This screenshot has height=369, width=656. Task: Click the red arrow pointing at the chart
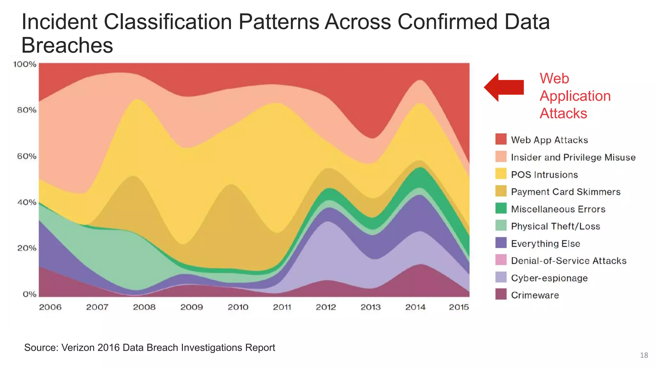click(x=504, y=87)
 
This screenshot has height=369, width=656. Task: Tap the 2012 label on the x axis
click(x=326, y=307)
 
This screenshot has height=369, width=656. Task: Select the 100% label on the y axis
click(x=25, y=64)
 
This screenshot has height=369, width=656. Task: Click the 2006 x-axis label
click(x=50, y=307)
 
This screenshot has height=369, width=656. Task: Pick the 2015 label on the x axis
click(x=459, y=307)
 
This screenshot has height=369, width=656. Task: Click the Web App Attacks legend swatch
click(x=501, y=139)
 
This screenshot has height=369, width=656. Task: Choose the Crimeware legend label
click(x=535, y=295)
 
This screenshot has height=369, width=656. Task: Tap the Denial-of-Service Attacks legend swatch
click(x=501, y=260)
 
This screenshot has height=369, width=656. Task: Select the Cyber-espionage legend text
click(x=549, y=278)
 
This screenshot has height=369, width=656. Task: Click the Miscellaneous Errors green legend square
click(x=501, y=209)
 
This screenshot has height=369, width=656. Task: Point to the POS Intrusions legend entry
click(x=544, y=175)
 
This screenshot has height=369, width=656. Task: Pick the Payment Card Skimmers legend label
click(x=565, y=192)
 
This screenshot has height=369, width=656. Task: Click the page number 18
click(x=644, y=355)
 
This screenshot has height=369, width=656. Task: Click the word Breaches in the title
click(x=67, y=45)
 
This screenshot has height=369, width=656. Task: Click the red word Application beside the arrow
click(x=575, y=96)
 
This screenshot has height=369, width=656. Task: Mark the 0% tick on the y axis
click(x=29, y=294)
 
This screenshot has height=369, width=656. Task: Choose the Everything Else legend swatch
click(x=501, y=243)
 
